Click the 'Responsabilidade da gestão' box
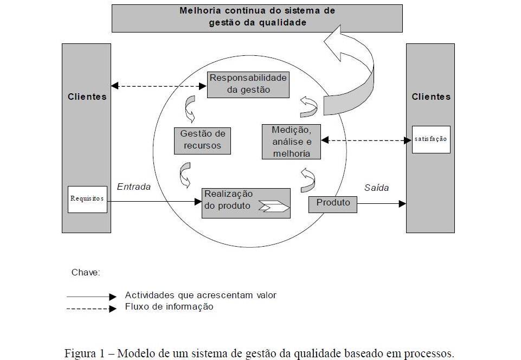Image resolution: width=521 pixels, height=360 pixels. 248,84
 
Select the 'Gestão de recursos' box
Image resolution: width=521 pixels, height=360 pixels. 201,140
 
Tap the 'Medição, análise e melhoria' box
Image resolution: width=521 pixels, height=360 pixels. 292,142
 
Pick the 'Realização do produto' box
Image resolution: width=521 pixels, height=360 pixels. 246,203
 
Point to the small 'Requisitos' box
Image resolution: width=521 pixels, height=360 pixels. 87,199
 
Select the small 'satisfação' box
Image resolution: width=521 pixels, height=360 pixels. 431,139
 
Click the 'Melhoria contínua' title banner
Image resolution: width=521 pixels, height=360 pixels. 257,17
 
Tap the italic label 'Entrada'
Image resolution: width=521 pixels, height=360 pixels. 134,187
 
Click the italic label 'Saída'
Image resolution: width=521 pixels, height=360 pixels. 376,188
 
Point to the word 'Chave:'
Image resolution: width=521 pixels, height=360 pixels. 86,272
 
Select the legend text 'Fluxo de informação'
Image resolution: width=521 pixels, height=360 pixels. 169,307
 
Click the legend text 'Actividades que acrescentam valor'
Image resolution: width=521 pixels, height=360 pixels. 201,295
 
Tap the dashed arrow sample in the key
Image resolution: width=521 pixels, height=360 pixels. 91,308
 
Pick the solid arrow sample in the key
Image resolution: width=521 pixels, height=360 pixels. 91,297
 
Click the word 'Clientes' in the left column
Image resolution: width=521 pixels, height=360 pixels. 87,97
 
